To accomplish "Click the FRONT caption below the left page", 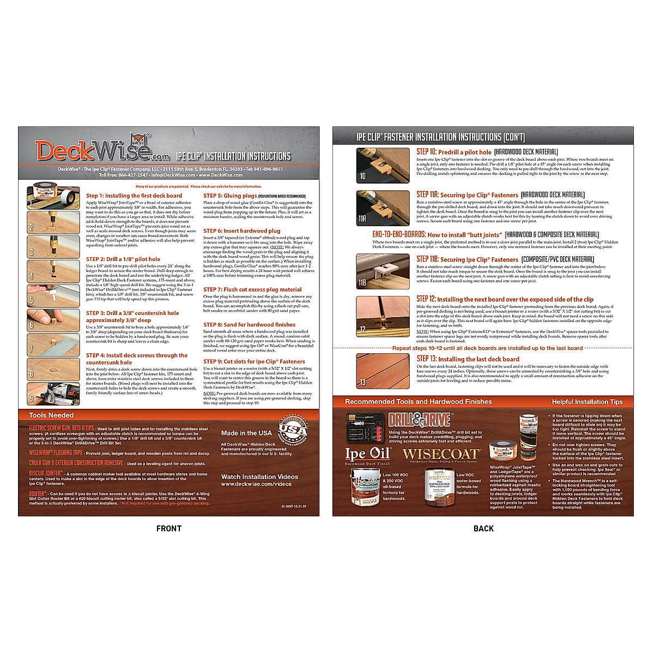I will point(169,528).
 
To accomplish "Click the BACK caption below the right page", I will point(483,528).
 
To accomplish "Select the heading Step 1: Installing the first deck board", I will point(134,196).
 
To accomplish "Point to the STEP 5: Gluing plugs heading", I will point(230,196).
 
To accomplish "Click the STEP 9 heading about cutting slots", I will point(254,361).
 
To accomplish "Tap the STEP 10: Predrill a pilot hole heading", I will point(454,152).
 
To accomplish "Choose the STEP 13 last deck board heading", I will point(468,359).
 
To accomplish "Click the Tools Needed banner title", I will point(51,415).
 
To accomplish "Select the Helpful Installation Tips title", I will point(587,402).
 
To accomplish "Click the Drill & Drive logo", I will point(419,420).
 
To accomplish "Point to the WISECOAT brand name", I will point(441,454).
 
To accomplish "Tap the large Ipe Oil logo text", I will point(368,453).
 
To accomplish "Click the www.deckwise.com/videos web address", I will point(256,484).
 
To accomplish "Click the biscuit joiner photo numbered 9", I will point(53,393).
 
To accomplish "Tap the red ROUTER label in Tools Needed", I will point(38,494).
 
